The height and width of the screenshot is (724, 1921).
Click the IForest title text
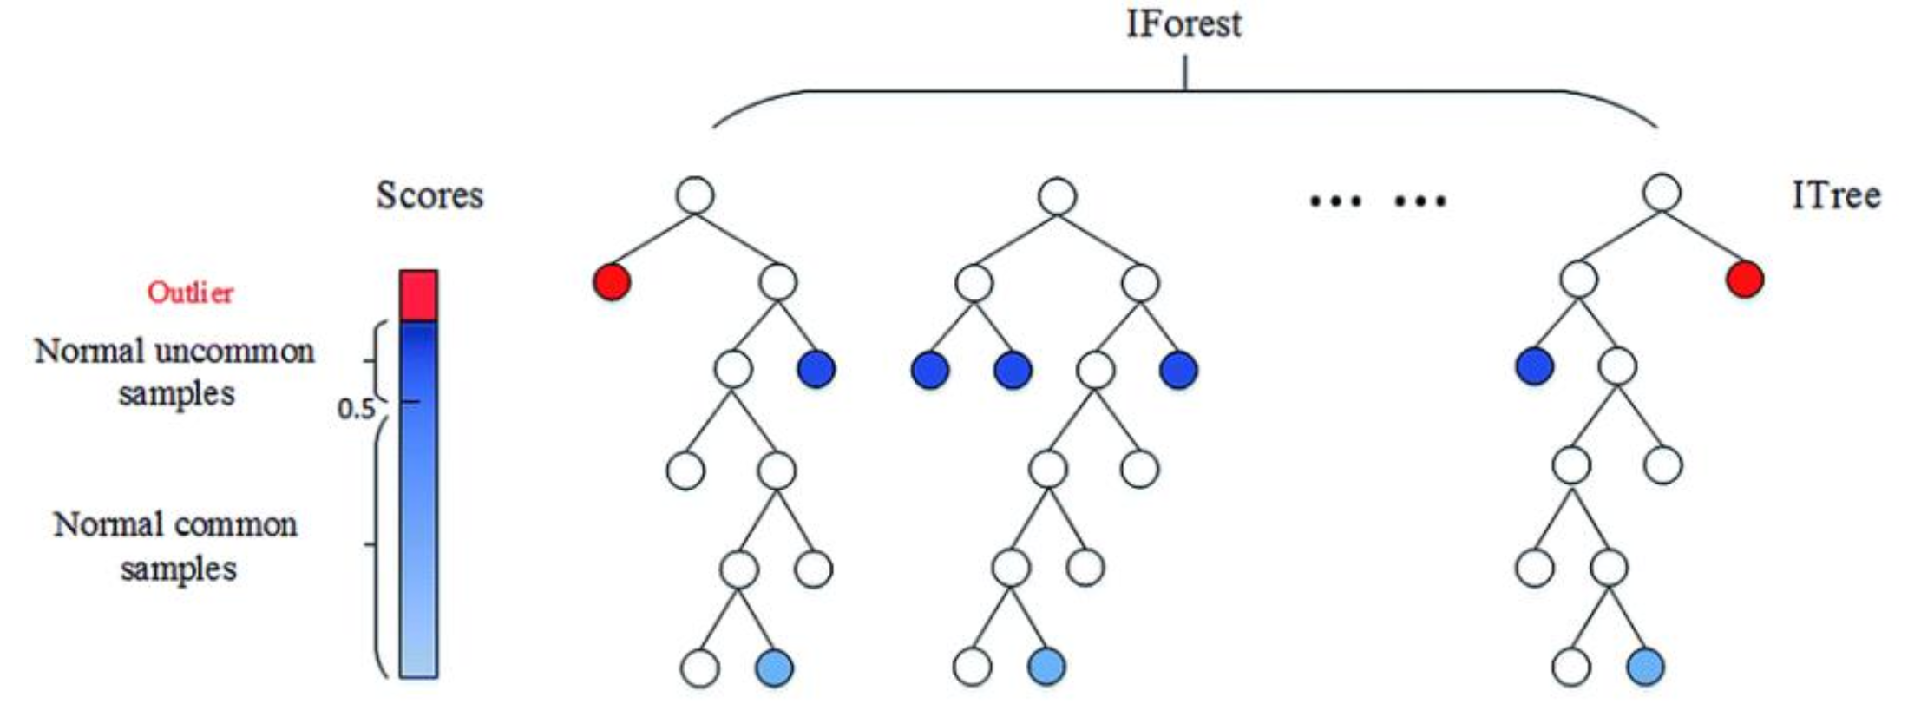[1183, 23]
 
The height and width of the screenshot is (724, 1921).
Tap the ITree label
[1836, 196]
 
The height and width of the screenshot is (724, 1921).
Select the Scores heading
[429, 195]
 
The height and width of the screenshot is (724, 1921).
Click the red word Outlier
[190, 293]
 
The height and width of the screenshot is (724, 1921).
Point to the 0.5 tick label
[356, 408]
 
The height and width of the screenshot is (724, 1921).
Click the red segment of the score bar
[418, 295]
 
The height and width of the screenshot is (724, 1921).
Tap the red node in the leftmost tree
[612, 282]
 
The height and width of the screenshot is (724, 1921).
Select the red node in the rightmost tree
[1745, 280]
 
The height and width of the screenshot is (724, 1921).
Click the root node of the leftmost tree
[695, 195]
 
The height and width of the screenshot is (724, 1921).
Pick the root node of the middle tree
[1057, 196]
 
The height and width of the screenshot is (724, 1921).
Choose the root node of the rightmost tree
[1662, 193]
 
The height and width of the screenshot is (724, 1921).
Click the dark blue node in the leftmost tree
[816, 369]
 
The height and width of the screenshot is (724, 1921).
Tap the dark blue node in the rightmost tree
[1534, 366]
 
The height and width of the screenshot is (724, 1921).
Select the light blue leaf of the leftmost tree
[774, 668]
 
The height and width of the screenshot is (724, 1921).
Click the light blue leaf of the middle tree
[1046, 667]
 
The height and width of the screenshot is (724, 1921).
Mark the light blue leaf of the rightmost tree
[1646, 667]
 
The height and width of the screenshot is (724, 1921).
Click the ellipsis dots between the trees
[1377, 201]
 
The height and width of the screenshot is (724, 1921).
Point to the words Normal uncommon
[174, 352]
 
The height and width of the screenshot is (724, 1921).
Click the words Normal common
[175, 525]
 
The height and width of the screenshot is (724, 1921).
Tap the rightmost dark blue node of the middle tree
[1178, 371]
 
